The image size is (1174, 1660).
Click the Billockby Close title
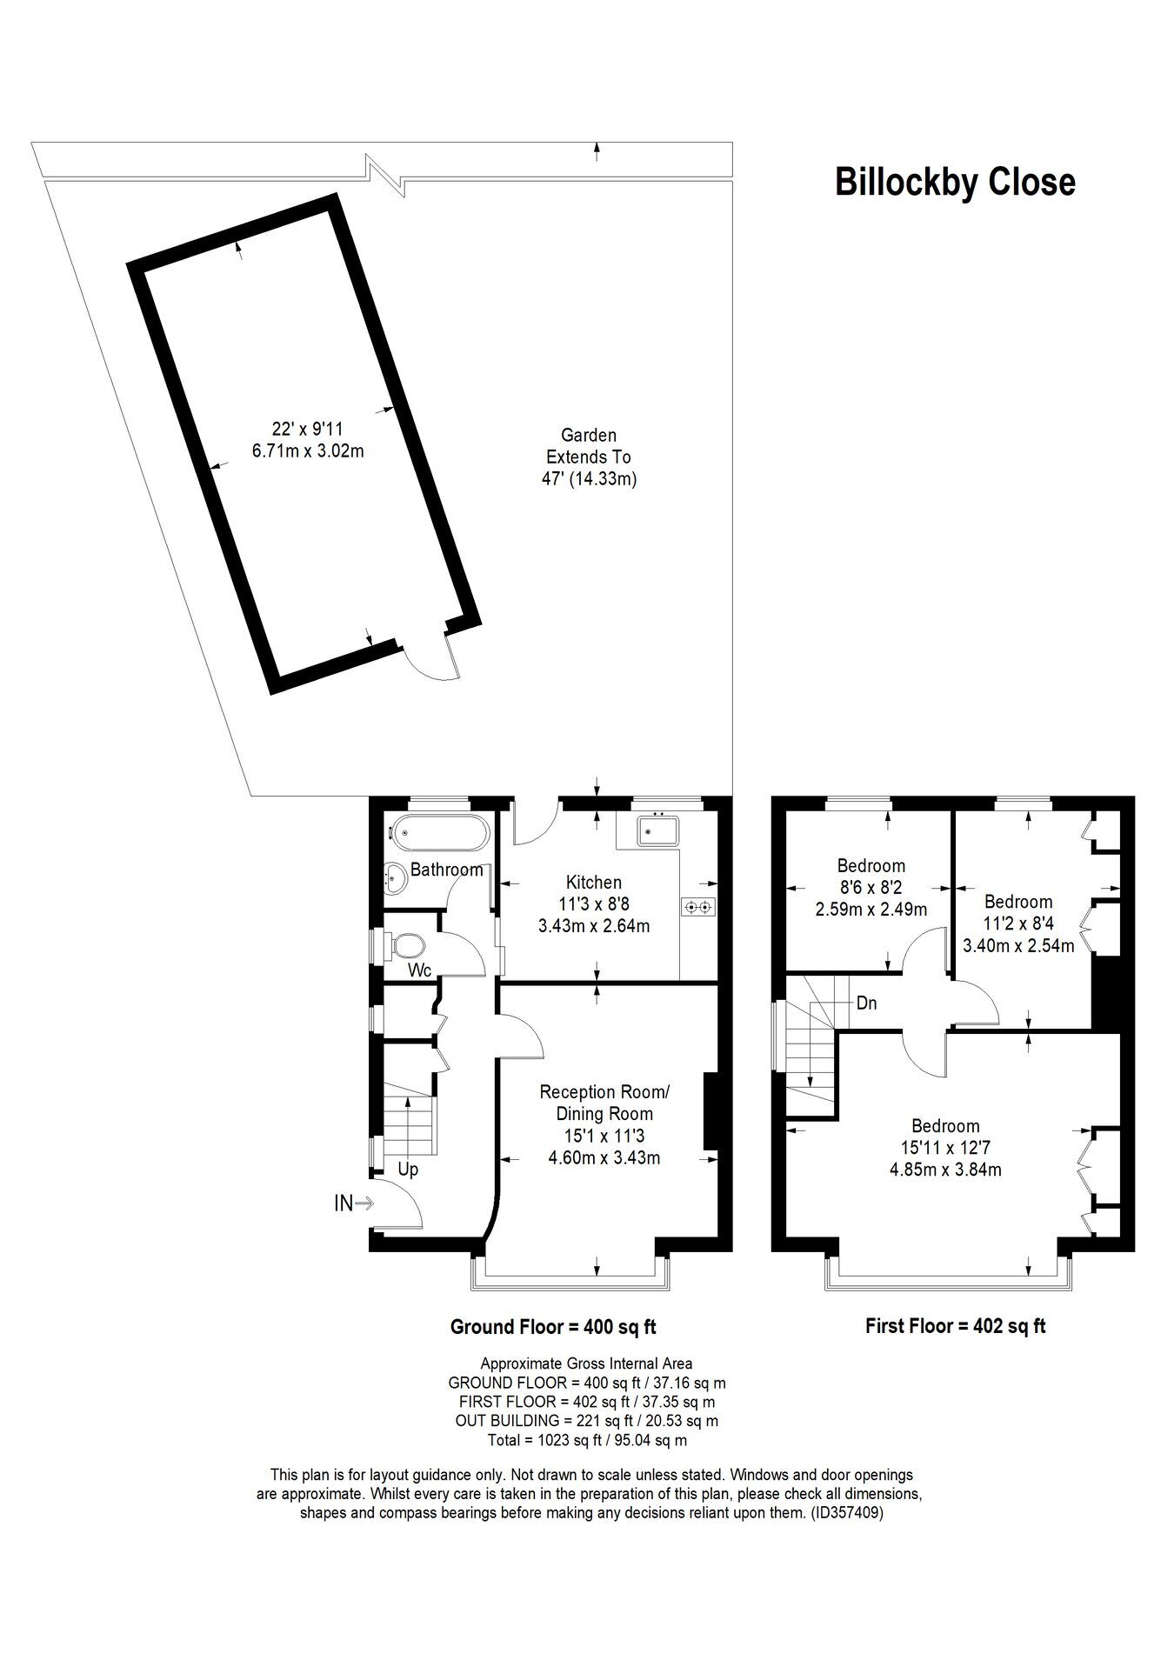pyautogui.click(x=955, y=183)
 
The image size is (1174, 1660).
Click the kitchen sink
pyautogui.click(x=658, y=830)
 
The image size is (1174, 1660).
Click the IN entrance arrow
pyautogui.click(x=354, y=1203)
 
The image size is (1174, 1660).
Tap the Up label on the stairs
pyautogui.click(x=408, y=1170)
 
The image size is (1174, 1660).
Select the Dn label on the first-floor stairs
pyautogui.click(x=866, y=1003)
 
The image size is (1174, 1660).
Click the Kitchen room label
pyautogui.click(x=594, y=882)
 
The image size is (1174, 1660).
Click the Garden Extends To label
pyautogui.click(x=589, y=445)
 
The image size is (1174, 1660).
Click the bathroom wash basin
pyautogui.click(x=397, y=878)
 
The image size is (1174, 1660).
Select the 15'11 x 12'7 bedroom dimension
pyautogui.click(x=945, y=1148)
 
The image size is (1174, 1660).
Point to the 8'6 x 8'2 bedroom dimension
pyautogui.click(x=871, y=888)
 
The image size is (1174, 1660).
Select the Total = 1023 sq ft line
pyautogui.click(x=588, y=1440)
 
